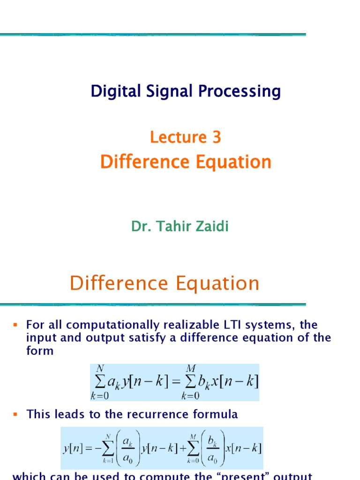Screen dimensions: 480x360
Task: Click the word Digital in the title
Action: [111, 91]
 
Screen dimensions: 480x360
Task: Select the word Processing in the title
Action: [232, 91]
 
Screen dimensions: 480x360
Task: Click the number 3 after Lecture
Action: [216, 137]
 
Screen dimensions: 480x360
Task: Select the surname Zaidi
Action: [214, 227]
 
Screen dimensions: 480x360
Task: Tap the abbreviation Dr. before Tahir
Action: [139, 227]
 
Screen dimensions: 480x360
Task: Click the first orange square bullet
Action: [15, 324]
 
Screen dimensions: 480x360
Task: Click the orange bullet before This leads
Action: [15, 414]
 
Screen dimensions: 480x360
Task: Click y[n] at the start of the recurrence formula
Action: [71, 449]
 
